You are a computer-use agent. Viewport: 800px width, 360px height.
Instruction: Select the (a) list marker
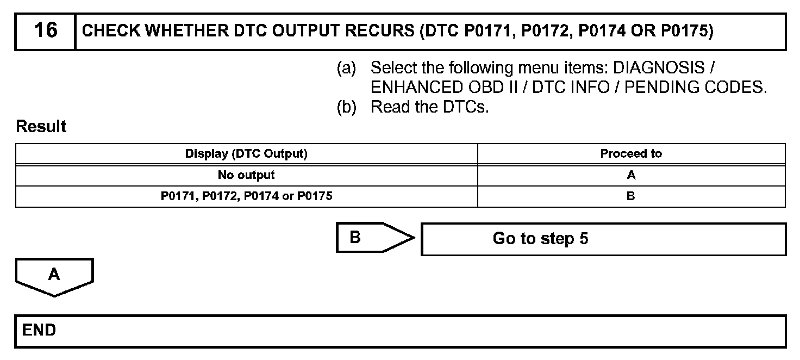(x=346, y=69)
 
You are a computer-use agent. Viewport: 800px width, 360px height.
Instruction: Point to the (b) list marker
(x=346, y=107)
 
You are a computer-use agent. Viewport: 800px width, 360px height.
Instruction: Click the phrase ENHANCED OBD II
(x=448, y=88)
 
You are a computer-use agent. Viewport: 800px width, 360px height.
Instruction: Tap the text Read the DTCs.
(x=429, y=107)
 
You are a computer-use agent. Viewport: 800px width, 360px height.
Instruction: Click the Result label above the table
(x=41, y=127)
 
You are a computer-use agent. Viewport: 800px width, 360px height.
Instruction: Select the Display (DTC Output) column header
(x=246, y=154)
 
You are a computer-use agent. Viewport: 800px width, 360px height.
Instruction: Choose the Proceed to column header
(x=631, y=154)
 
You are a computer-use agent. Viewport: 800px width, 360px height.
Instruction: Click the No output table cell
(x=246, y=175)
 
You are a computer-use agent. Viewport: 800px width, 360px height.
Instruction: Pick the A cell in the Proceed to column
(x=631, y=175)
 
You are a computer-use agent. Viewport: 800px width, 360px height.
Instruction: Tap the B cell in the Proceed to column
(x=631, y=196)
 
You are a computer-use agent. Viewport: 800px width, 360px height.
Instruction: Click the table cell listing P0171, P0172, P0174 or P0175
(x=246, y=196)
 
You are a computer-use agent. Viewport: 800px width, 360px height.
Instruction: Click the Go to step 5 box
(x=603, y=239)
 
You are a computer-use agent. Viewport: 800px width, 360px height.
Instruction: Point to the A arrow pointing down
(x=54, y=276)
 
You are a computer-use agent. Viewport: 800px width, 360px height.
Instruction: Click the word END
(x=39, y=330)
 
